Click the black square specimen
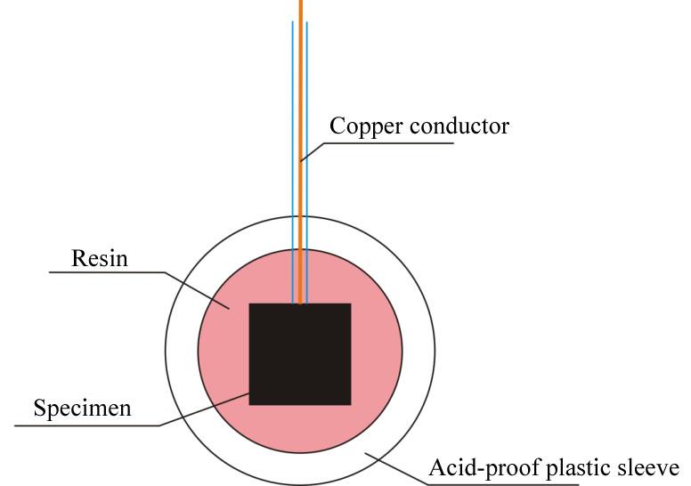click(x=300, y=353)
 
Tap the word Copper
click(x=367, y=127)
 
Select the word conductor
click(x=459, y=126)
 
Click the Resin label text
click(x=100, y=258)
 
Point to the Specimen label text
click(x=83, y=409)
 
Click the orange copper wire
click(x=301, y=152)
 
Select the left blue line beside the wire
click(x=293, y=163)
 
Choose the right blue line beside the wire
click(x=306, y=163)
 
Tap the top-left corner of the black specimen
click(x=249, y=304)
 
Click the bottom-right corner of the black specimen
click(x=351, y=404)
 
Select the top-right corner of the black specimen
click(x=351, y=304)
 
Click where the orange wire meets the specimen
click(x=301, y=304)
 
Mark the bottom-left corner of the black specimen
click(x=249, y=404)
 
